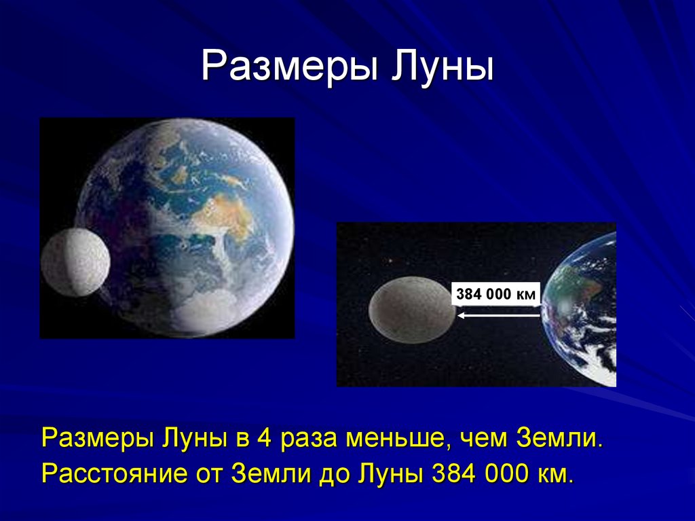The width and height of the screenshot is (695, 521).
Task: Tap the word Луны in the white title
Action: [442, 67]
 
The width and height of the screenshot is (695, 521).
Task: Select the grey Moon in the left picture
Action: [75, 262]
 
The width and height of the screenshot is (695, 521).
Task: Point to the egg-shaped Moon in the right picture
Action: [412, 310]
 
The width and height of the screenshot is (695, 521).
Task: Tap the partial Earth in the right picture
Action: [581, 308]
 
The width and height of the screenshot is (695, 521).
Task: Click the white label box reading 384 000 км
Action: [496, 293]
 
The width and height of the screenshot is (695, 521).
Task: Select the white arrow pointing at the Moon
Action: [499, 316]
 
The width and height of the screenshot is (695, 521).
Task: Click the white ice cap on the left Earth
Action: [208, 310]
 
